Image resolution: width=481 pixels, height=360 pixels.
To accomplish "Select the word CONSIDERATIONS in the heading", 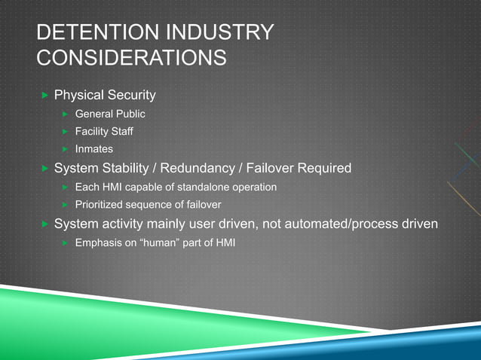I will (130, 56).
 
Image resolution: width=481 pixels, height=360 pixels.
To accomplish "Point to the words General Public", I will (109, 114).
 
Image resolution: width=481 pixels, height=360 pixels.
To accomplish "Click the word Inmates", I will (93, 149).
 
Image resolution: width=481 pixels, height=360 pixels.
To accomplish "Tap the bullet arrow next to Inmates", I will (66, 149).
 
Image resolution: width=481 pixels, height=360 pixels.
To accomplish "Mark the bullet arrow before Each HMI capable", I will (66, 186).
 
